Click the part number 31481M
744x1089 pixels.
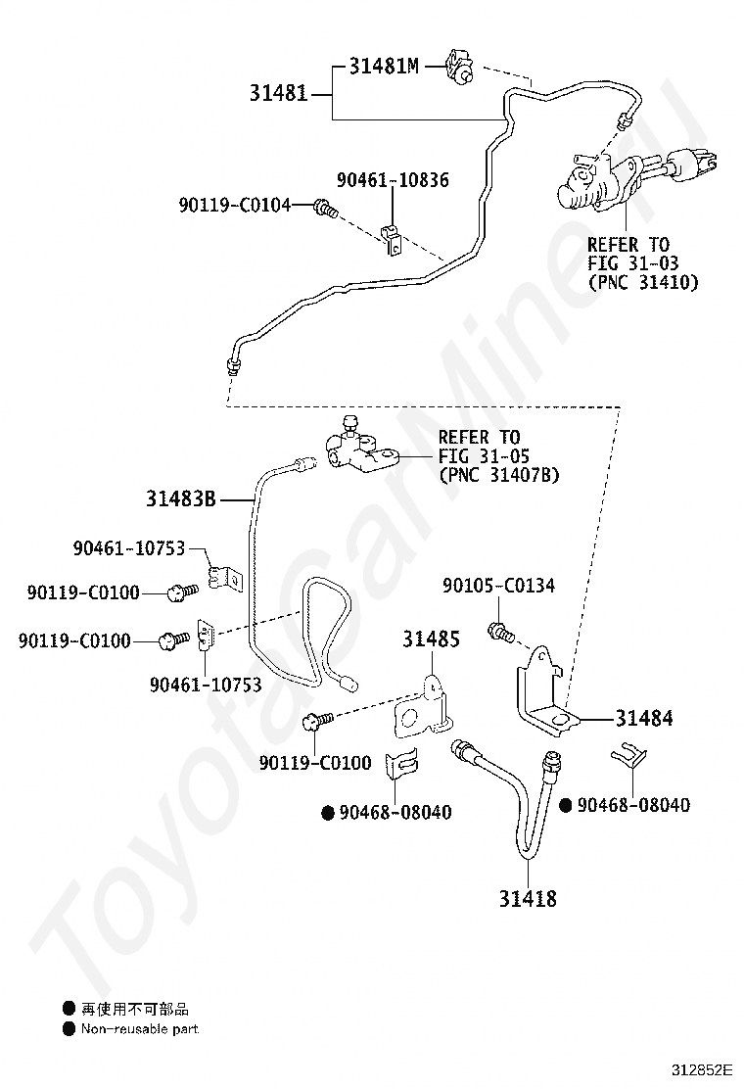pyautogui.click(x=384, y=66)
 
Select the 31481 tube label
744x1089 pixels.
pyautogui.click(x=278, y=92)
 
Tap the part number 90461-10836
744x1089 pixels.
pyautogui.click(x=393, y=180)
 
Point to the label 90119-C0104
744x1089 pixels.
pyautogui.click(x=235, y=205)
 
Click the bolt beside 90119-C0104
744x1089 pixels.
pyautogui.click(x=325, y=207)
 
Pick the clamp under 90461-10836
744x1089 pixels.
pyautogui.click(x=394, y=239)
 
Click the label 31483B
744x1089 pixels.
pyautogui.click(x=180, y=498)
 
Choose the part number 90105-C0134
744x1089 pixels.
pyautogui.click(x=498, y=586)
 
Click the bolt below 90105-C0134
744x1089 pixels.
pyautogui.click(x=501, y=633)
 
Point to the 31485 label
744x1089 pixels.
pyautogui.click(x=431, y=639)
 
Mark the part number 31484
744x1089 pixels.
pyautogui.click(x=644, y=718)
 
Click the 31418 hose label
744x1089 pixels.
pyautogui.click(x=528, y=899)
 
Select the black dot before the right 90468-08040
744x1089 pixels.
pyautogui.click(x=566, y=805)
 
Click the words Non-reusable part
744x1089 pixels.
pyautogui.click(x=139, y=1028)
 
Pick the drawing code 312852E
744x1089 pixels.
pyautogui.click(x=701, y=1068)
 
